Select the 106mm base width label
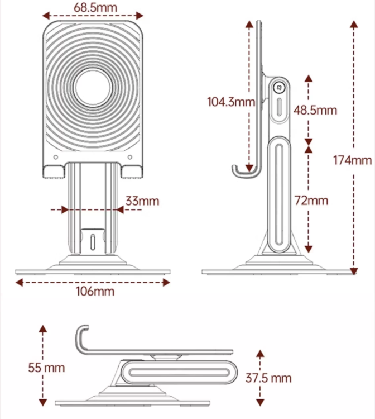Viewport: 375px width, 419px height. point(93,291)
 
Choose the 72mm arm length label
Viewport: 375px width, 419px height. point(312,200)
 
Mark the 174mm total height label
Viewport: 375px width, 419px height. point(353,160)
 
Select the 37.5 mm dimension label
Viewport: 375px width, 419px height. point(269,378)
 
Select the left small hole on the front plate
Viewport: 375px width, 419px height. point(55,158)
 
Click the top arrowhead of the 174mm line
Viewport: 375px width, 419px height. point(353,23)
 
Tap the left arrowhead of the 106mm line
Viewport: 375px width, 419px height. point(18,283)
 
